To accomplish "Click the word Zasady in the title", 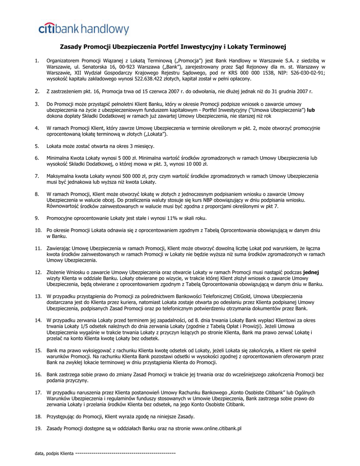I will (72, 46).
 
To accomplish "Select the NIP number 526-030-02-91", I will (305, 73).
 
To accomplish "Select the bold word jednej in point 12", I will (311, 272).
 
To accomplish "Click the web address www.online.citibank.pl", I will (216, 428).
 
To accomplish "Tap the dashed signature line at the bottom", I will (125, 454).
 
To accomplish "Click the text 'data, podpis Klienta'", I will (54, 454).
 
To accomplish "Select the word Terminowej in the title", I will (269, 46).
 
